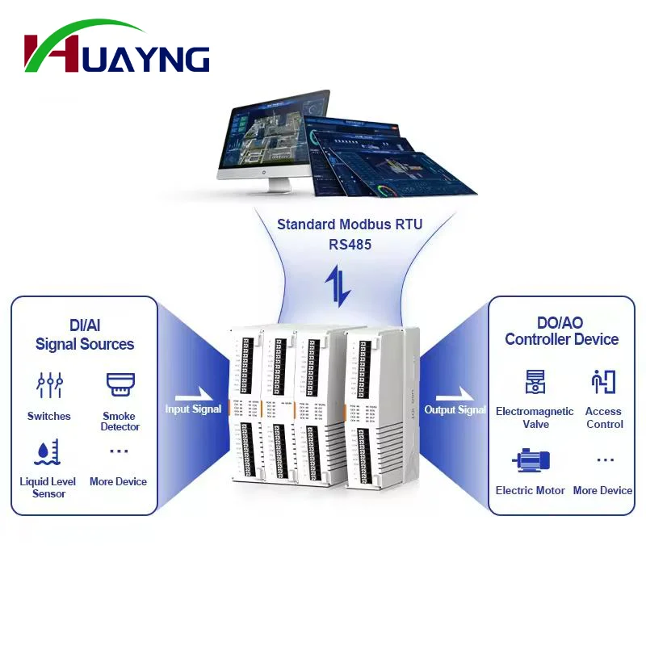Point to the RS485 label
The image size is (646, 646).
(350, 244)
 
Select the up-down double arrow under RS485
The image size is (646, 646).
(338, 285)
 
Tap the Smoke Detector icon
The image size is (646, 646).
(120, 383)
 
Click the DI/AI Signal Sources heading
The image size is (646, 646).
(84, 334)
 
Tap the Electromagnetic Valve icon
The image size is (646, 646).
(535, 382)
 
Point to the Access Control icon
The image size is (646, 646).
(603, 382)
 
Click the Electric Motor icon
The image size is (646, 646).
(531, 461)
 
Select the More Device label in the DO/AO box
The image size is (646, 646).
(602, 490)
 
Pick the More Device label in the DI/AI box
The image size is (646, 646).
(118, 481)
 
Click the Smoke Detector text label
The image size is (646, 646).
(120, 422)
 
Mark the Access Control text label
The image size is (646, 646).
(604, 417)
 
